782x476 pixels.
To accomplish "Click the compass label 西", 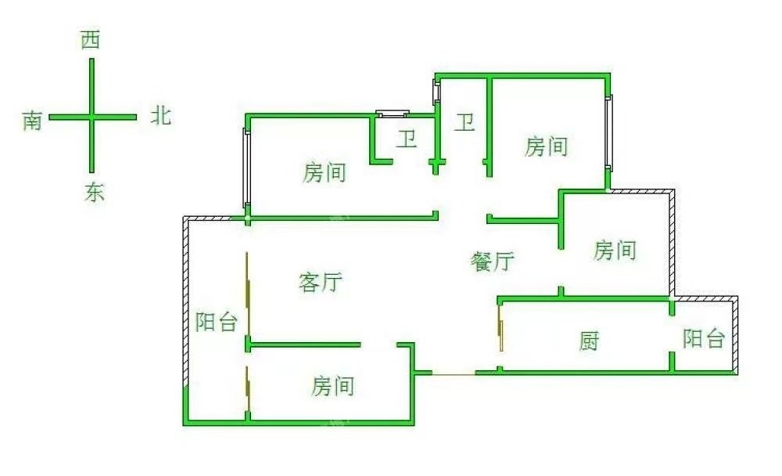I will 91,41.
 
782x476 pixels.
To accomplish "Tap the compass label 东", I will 94,193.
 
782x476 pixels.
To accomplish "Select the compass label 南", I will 32,121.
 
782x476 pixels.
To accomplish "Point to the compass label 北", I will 160,117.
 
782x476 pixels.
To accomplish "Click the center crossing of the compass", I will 91,117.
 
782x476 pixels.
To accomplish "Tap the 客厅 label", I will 321,282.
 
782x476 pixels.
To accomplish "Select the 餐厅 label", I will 492,261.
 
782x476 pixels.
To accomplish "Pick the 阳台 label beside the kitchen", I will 704,339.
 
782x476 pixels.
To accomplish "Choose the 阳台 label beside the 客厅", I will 216,322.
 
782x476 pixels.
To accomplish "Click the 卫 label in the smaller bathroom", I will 406,140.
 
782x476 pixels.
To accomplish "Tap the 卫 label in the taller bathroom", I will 465,122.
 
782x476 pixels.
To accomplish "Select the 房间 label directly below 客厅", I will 333,385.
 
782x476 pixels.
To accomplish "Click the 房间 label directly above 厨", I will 615,251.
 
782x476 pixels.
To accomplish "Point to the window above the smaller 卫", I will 393,114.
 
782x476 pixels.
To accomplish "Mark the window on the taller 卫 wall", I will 437,91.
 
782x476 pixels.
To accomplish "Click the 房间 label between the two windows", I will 325,172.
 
